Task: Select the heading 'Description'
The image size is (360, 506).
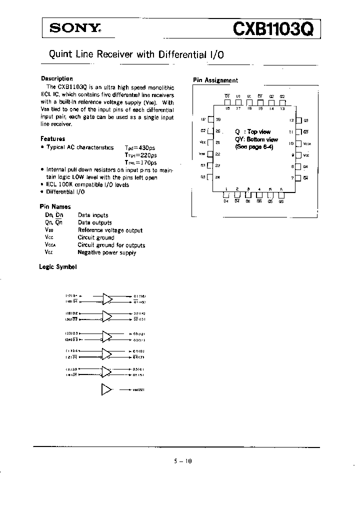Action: (56, 78)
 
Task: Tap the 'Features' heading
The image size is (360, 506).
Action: (52, 138)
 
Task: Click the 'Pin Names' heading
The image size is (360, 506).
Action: (55, 206)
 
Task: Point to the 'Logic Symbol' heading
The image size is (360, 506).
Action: (57, 267)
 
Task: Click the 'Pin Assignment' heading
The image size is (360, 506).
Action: (215, 80)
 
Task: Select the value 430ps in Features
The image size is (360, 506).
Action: (147, 147)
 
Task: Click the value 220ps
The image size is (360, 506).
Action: (147, 155)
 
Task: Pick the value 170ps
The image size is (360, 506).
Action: (147, 162)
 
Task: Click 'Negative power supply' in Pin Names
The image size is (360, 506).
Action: (106, 252)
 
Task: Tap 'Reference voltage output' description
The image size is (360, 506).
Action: (110, 230)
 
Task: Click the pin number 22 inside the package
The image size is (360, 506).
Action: (217, 154)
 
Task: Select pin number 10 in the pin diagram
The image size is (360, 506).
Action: (291, 143)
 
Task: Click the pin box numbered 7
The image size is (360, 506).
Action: (298, 177)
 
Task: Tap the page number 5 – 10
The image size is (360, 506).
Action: (180, 461)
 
